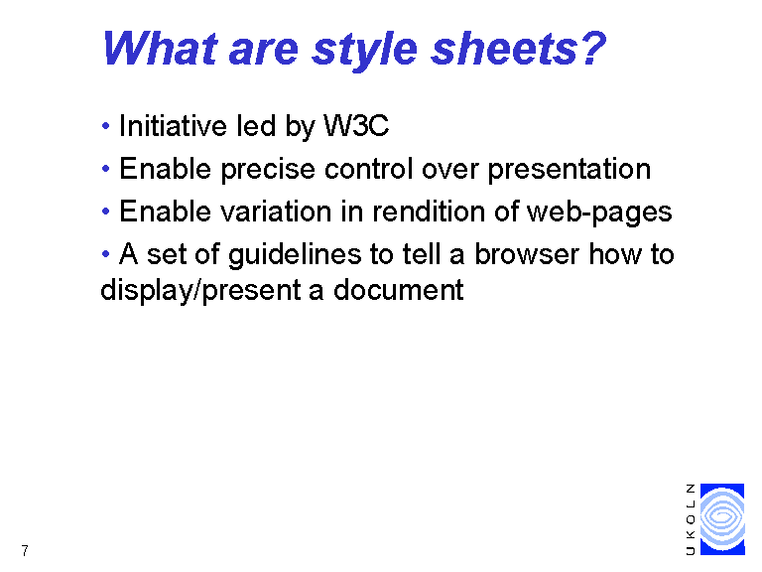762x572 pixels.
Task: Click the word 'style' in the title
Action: (365, 50)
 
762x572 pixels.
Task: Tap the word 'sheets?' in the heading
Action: (519, 48)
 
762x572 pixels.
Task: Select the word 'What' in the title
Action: (159, 48)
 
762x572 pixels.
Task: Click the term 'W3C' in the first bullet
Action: (356, 125)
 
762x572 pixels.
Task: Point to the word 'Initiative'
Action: (173, 125)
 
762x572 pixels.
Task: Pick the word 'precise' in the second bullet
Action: (268, 170)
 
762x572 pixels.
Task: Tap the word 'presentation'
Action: (570, 170)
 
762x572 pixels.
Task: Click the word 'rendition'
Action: (429, 212)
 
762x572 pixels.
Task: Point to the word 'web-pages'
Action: (599, 214)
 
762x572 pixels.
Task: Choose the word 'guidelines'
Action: (295, 255)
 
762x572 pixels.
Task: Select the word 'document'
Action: (399, 290)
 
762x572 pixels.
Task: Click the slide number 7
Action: (25, 550)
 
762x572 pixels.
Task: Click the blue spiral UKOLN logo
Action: (722, 519)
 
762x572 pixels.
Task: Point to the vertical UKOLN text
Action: (691, 519)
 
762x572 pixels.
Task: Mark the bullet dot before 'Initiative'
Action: (105, 126)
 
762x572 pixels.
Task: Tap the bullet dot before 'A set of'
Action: (105, 253)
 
